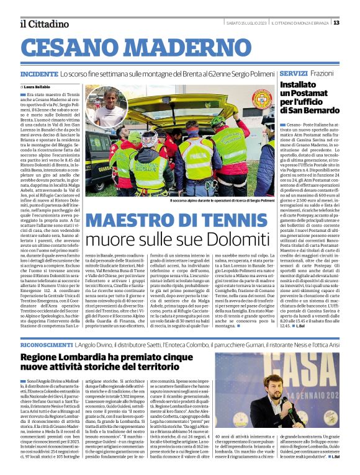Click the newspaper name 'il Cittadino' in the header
[x=43, y=24]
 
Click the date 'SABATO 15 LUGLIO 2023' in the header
[x=246, y=23]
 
